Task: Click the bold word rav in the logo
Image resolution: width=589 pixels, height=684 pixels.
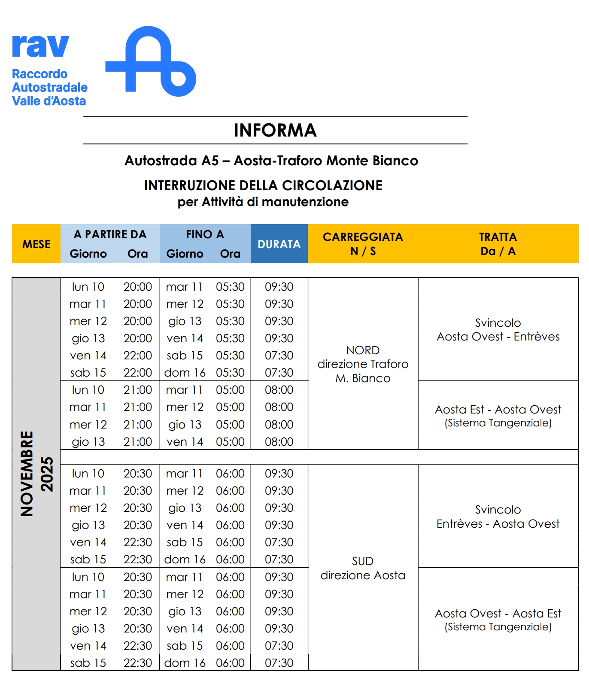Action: pyautogui.click(x=40, y=46)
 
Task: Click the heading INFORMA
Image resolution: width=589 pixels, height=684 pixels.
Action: pyautogui.click(x=275, y=131)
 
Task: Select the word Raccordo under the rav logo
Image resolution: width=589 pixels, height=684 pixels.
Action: pyautogui.click(x=39, y=74)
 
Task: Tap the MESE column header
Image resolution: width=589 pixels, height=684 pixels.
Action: pyautogui.click(x=36, y=244)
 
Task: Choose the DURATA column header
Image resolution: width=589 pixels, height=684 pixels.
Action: pyautogui.click(x=279, y=244)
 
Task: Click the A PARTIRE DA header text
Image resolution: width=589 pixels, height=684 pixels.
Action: pyautogui.click(x=110, y=234)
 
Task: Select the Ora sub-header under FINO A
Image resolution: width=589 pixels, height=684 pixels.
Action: pyautogui.click(x=230, y=254)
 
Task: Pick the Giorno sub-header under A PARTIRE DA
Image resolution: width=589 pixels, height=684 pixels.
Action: pyautogui.click(x=88, y=254)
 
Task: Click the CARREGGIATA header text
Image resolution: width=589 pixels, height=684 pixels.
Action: pyautogui.click(x=363, y=237)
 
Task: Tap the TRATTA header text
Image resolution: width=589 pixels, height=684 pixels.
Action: pyautogui.click(x=498, y=237)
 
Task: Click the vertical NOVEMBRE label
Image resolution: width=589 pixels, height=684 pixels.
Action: pyautogui.click(x=27, y=474)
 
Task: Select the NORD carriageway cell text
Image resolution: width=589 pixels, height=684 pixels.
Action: pyautogui.click(x=363, y=350)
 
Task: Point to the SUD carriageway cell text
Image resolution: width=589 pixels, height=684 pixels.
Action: pyautogui.click(x=363, y=561)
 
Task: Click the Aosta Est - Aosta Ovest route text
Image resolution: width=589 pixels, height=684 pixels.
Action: pyautogui.click(x=498, y=410)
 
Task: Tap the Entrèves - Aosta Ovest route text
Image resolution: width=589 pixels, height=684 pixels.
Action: pyautogui.click(x=498, y=524)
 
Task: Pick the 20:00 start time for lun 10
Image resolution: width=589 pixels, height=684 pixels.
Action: pyautogui.click(x=138, y=287)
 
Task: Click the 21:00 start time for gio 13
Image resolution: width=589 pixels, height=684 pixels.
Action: pyautogui.click(x=138, y=442)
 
